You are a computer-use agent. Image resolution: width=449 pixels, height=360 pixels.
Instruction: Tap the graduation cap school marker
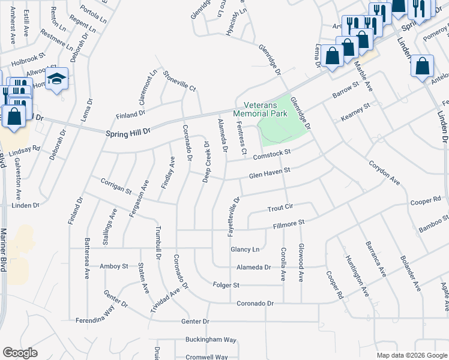tap(57, 79)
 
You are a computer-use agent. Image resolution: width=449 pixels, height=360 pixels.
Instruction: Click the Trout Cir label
tap(280, 207)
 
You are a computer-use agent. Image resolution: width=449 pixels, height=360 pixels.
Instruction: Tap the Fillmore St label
tap(289, 223)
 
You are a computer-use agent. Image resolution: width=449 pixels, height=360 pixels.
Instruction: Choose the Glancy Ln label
tap(245, 249)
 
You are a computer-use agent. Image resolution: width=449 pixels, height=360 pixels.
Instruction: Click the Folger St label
tap(228, 285)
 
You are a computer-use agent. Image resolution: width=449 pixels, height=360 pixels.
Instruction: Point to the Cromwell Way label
tap(206, 356)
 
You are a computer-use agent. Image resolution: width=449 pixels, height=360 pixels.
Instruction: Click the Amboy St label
tap(114, 266)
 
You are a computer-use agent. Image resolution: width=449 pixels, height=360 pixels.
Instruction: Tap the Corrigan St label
tap(116, 187)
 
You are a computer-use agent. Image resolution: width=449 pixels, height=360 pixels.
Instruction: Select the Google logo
tap(20, 353)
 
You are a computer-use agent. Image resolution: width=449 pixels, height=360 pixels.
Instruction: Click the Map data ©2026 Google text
tap(411, 355)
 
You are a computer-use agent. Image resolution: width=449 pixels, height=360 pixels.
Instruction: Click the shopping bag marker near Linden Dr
tap(423, 65)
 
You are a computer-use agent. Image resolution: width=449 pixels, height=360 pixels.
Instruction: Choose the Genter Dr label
tap(194, 322)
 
